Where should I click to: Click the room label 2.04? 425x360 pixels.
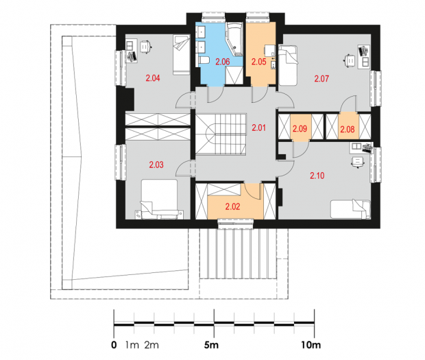pyautogui.click(x=153, y=78)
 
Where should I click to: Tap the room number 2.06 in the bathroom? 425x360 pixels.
pyautogui.click(x=223, y=62)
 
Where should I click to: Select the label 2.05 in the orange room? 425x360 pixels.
pyautogui.click(x=258, y=62)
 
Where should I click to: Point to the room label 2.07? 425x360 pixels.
pyautogui.click(x=321, y=79)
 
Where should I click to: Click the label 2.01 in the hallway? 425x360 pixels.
pyautogui.click(x=259, y=128)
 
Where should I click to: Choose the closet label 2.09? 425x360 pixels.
pyautogui.click(x=300, y=128)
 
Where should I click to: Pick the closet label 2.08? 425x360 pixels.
pyautogui.click(x=348, y=129)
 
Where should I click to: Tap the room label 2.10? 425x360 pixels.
pyautogui.click(x=317, y=176)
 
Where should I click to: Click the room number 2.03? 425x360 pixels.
pyautogui.click(x=156, y=165)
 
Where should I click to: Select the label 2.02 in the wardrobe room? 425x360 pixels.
pyautogui.click(x=232, y=207)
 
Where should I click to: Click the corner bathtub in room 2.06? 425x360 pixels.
pyautogui.click(x=234, y=39)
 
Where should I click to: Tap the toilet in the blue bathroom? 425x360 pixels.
pyautogui.click(x=204, y=60)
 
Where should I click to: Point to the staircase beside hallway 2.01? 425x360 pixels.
pyautogui.click(x=221, y=134)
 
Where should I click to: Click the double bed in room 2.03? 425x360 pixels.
pyautogui.click(x=159, y=199)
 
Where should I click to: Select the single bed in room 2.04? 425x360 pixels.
pyautogui.click(x=181, y=54)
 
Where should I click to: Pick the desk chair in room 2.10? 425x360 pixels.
pyautogui.click(x=358, y=162)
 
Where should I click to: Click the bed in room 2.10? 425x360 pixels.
pyautogui.click(x=350, y=208)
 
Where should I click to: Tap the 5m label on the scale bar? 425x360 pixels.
pyautogui.click(x=211, y=345)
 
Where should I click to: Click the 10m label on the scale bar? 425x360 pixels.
pyautogui.click(x=311, y=345)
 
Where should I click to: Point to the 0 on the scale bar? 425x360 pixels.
pyautogui.click(x=114, y=345)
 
